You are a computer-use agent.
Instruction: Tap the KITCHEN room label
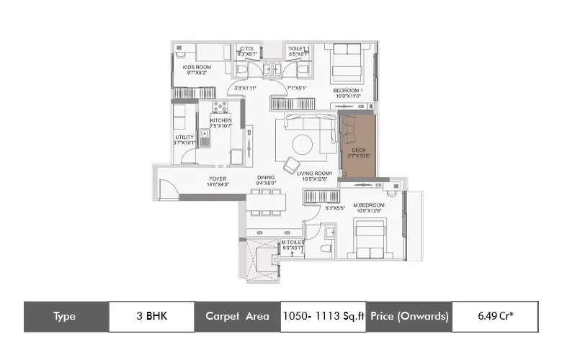point(220,120)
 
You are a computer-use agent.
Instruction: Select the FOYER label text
point(218,177)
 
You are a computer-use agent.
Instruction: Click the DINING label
point(265,177)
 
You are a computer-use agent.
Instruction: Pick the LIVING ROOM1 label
point(314,174)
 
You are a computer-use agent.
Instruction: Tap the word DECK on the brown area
point(358,150)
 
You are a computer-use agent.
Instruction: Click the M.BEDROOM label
point(368,205)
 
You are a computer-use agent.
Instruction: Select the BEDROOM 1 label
point(348,90)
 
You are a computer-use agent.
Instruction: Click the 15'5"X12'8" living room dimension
point(314,180)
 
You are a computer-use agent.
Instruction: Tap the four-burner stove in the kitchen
point(220,107)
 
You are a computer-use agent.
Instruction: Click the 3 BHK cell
point(151,316)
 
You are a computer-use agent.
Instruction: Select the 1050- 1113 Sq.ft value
point(323,316)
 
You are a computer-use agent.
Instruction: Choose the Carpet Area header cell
point(237,316)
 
